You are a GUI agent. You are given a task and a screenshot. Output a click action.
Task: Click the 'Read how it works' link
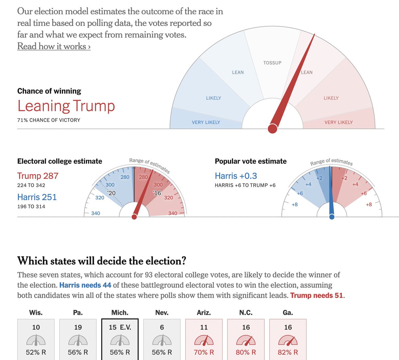(54, 46)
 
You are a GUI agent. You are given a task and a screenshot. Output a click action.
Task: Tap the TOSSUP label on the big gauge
(272, 63)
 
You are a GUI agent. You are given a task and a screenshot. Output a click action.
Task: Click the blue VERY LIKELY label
(206, 122)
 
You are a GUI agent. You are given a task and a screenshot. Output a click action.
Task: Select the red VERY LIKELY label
(338, 122)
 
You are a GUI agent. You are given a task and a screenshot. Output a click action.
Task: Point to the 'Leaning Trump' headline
(66, 106)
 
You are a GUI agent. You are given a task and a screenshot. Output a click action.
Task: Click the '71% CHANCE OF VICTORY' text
(49, 120)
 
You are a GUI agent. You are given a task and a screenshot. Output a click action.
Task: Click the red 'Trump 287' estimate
(38, 176)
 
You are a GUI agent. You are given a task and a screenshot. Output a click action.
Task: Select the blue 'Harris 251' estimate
(37, 197)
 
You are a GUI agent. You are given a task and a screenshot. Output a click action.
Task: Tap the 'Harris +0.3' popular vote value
(236, 176)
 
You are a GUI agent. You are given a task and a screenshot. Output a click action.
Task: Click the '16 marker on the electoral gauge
(157, 193)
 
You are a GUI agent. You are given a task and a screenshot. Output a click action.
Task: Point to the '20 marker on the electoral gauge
(111, 193)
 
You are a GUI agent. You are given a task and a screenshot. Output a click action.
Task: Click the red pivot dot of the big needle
(272, 128)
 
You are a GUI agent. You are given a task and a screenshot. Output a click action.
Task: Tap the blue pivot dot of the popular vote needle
(332, 217)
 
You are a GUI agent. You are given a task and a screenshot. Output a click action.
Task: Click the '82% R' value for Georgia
(288, 352)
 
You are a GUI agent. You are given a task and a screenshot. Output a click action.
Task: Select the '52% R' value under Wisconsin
(36, 352)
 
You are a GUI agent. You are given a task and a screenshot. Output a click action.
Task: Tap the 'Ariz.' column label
(203, 313)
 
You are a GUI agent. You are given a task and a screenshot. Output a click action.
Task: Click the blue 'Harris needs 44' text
(85, 285)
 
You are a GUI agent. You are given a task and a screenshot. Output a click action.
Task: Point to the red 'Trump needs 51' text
(317, 295)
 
